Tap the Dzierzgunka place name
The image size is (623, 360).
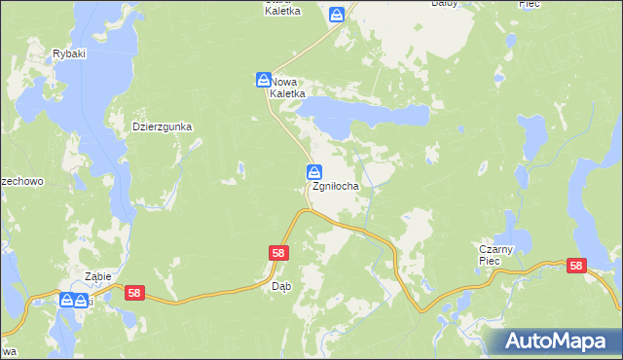(x=163, y=126)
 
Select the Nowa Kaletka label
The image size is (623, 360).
(x=288, y=88)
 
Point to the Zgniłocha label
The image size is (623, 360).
(x=337, y=186)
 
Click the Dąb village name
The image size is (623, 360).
(x=281, y=286)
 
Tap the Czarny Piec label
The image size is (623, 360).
(x=501, y=255)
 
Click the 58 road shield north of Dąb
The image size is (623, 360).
(x=278, y=253)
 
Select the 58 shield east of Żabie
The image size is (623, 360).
(x=134, y=293)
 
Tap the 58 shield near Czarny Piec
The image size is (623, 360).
(x=577, y=266)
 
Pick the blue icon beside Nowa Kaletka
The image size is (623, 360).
(x=264, y=79)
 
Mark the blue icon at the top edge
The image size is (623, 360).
(x=337, y=15)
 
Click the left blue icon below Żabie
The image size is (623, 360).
(x=67, y=300)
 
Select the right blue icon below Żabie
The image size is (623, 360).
(x=82, y=300)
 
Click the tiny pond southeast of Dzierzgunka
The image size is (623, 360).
(x=238, y=171)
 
